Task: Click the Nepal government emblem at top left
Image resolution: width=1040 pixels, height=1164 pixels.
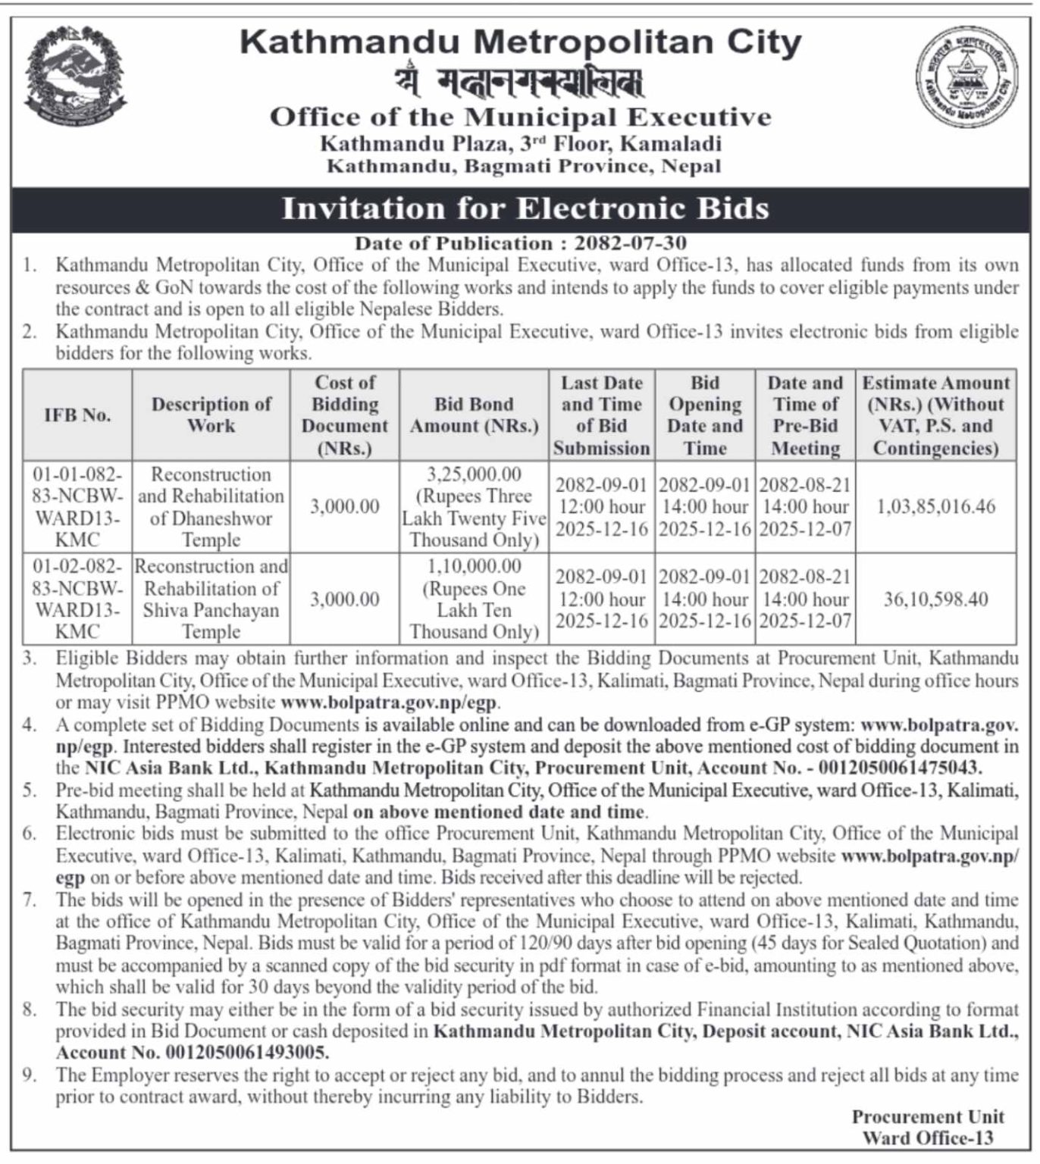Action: (x=74, y=77)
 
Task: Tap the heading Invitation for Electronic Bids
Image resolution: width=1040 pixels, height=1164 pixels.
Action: (x=525, y=208)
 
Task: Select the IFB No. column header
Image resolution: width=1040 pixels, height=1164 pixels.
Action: (x=77, y=415)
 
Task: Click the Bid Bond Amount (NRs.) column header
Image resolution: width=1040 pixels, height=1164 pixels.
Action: (x=474, y=415)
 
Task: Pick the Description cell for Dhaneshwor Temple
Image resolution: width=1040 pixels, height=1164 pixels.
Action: (x=211, y=507)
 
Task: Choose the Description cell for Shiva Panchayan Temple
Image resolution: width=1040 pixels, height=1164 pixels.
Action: (x=211, y=599)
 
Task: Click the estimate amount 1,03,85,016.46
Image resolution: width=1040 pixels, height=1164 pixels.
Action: (x=935, y=507)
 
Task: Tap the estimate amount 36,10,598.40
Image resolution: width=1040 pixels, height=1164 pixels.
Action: (x=935, y=599)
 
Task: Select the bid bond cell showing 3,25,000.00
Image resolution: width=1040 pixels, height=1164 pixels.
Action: (x=474, y=507)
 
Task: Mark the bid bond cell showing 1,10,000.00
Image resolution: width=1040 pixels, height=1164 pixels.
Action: (x=474, y=599)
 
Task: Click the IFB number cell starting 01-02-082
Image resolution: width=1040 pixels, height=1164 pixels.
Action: (x=77, y=599)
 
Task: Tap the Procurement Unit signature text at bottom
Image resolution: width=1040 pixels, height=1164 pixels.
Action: (x=927, y=1117)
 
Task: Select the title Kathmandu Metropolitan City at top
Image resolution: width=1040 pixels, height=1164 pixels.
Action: (x=520, y=42)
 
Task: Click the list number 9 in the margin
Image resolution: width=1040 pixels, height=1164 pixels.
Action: (x=30, y=1075)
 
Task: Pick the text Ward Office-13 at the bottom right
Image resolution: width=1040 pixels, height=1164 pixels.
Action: (x=927, y=1138)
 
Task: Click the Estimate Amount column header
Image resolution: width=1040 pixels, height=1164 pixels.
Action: (x=935, y=415)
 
